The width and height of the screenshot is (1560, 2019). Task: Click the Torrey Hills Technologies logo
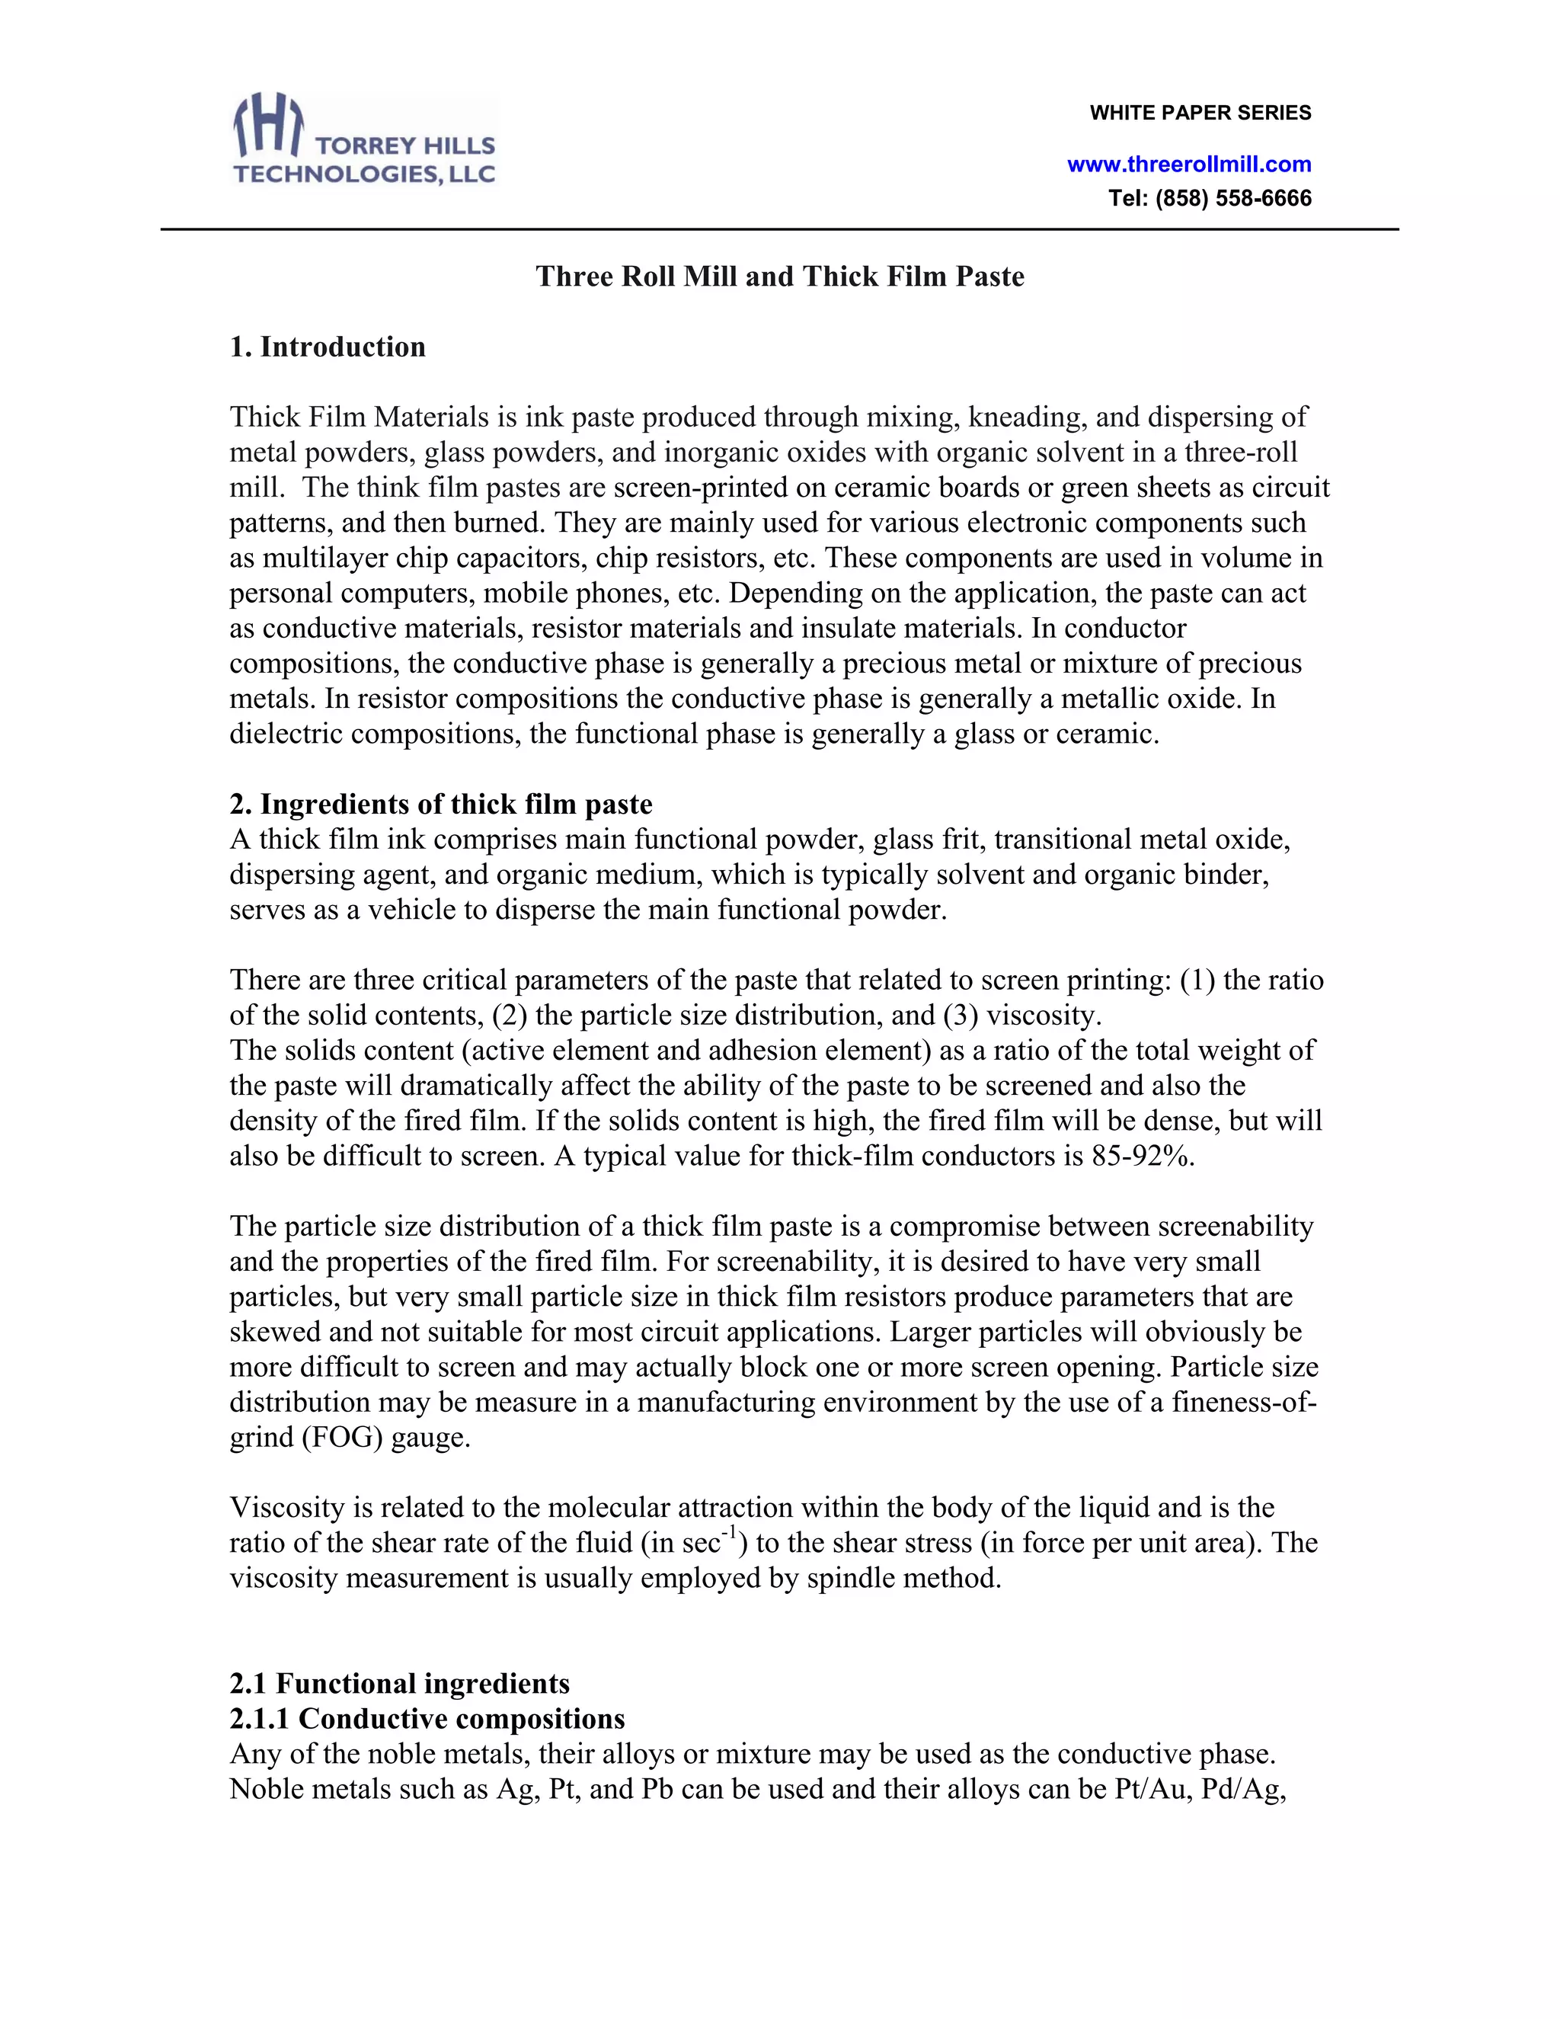coord(364,140)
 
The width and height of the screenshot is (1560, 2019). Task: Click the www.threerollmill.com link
coord(1188,165)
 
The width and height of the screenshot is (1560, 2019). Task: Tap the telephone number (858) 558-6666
coord(1233,199)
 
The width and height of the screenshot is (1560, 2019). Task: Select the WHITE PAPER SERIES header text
coord(1200,113)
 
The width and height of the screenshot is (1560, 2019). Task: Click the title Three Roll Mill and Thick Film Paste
coord(780,277)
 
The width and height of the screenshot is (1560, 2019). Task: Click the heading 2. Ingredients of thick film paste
coord(441,805)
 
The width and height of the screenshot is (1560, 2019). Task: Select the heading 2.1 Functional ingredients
coord(399,1684)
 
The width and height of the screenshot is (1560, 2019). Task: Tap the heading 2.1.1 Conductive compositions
coord(427,1719)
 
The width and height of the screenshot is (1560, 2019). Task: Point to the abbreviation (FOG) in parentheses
coord(342,1438)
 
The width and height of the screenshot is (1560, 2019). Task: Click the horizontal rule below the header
coord(780,229)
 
